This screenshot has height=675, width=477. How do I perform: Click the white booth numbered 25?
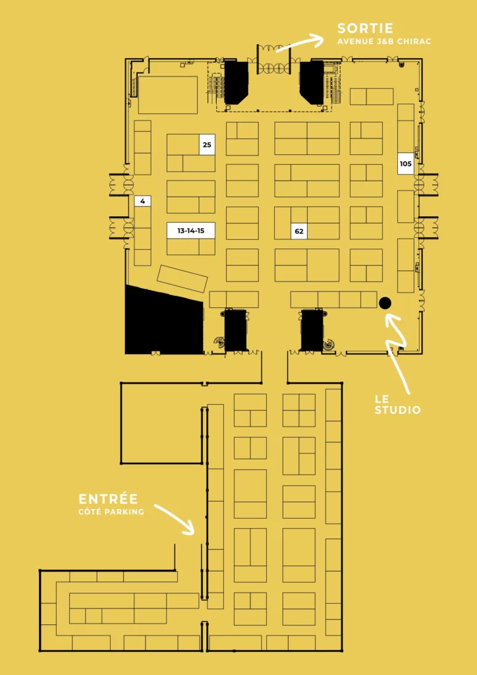207,144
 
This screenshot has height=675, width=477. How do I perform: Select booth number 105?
405,163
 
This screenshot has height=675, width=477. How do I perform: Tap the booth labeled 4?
142,201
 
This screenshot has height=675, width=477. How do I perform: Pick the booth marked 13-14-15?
191,231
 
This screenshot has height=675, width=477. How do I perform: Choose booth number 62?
299,231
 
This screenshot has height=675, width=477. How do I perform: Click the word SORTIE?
365,28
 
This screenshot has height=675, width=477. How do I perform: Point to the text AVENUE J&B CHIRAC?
384,42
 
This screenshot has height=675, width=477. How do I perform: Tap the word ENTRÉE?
109,499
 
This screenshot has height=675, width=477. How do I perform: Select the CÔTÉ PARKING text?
111,512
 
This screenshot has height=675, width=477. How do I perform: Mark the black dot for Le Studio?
385,303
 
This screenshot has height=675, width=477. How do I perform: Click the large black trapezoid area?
163,321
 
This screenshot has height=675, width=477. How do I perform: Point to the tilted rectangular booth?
182,279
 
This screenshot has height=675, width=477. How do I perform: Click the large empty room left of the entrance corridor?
161,423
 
